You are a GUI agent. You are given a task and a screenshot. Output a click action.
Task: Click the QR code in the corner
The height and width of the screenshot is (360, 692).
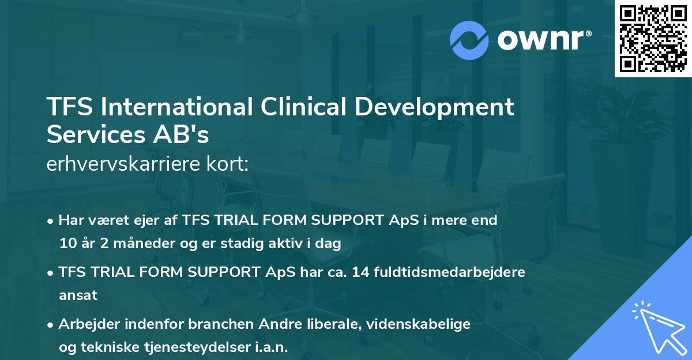coord(653,39)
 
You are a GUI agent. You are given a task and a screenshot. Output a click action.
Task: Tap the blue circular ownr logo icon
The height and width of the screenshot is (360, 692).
coord(469,40)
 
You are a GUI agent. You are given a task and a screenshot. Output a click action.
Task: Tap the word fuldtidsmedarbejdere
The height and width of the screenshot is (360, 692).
coord(450,272)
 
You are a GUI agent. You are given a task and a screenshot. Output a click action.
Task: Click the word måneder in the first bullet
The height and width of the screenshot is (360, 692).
coord(130,243)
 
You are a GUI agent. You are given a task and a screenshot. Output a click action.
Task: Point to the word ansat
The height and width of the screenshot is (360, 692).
coord(78,295)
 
